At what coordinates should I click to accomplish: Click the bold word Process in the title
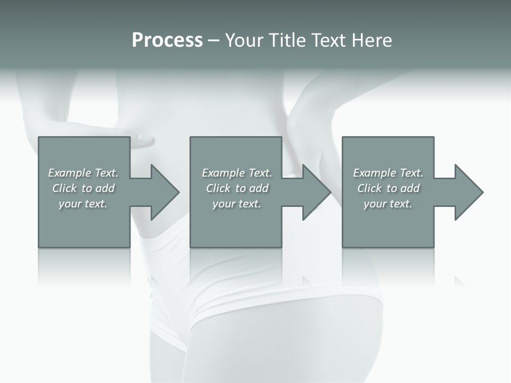(167, 40)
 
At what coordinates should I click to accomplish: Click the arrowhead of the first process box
(164, 192)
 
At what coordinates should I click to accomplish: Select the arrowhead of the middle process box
(316, 192)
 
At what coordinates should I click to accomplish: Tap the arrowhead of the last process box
(468, 192)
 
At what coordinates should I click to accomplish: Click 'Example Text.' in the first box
(83, 173)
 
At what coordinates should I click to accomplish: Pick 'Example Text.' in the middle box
(237, 173)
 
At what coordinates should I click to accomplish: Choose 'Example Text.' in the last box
(388, 173)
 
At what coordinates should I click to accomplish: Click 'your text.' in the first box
(83, 204)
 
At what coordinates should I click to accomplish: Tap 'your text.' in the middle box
(237, 204)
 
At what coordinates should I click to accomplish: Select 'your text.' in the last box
(388, 204)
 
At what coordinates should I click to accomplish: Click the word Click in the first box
(64, 188)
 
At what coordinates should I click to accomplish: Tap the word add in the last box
(410, 188)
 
